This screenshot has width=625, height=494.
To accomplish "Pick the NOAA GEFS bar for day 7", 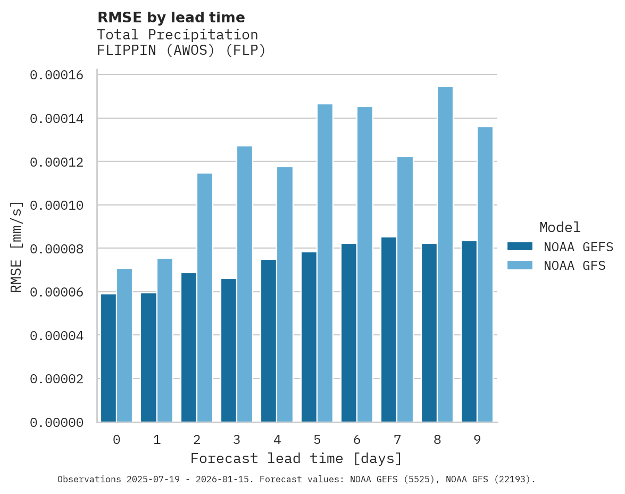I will tap(389, 330).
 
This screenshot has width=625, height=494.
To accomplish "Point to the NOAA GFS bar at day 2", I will tap(205, 298).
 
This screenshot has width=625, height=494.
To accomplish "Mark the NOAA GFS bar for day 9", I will tap(485, 275).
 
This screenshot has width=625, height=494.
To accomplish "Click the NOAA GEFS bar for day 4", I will tap(269, 341).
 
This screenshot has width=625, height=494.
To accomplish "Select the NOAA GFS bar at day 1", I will tap(165, 340).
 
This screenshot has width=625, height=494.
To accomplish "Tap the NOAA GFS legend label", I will tap(574, 265).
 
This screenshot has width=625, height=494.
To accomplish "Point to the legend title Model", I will tap(560, 227).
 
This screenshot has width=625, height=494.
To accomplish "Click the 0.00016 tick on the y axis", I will tap(57, 75).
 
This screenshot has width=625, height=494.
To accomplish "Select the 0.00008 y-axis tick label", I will tap(57, 249).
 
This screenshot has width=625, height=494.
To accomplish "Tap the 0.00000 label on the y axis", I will tap(57, 422).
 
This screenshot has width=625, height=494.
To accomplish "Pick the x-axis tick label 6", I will tap(357, 440).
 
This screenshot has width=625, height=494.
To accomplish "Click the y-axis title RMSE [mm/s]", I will tap(16, 246).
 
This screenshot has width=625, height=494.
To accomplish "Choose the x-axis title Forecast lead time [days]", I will tap(296, 458).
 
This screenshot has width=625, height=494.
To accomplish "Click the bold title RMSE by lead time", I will tap(171, 18).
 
